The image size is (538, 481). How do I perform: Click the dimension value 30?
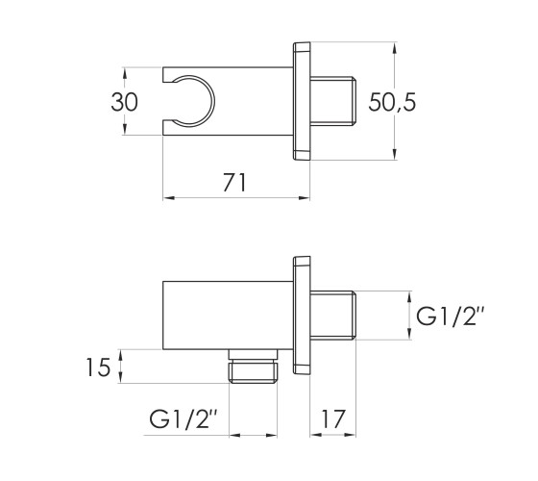click(x=125, y=102)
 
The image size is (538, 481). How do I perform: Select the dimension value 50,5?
click(x=392, y=102)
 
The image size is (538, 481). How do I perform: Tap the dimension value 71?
click(x=234, y=183)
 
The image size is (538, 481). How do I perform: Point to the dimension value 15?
click(x=98, y=367)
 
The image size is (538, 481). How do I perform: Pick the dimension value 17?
click(x=332, y=418)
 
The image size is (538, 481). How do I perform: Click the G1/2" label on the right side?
click(x=451, y=316)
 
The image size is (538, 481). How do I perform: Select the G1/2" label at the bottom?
click(x=183, y=418)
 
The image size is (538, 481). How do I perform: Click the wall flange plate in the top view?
click(x=302, y=101)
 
